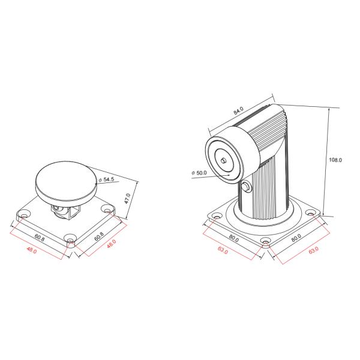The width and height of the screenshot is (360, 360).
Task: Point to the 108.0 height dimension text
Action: click(x=335, y=160)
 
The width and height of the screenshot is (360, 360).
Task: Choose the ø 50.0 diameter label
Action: click(x=199, y=173)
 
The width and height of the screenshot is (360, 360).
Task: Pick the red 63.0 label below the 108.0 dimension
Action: click(x=312, y=250)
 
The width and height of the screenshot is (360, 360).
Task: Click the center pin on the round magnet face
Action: click(x=223, y=160)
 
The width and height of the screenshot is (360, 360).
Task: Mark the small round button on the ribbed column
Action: click(x=248, y=189)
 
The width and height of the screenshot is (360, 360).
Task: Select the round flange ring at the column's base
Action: click(x=264, y=221)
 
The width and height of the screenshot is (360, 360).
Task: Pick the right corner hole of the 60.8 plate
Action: click(x=107, y=210)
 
